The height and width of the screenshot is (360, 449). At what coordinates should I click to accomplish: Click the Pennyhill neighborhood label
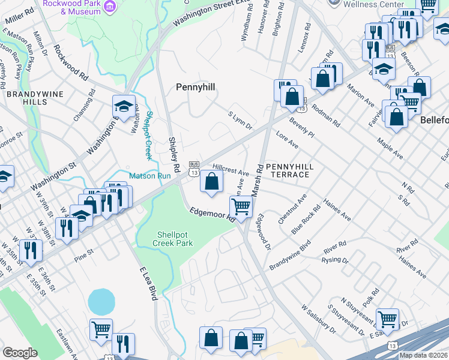coord(195,88)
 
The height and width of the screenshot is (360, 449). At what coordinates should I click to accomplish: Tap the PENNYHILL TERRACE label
coord(287,170)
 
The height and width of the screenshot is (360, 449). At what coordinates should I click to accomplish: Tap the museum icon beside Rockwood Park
coord(110,6)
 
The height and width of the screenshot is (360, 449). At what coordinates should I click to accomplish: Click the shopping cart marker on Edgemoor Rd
coord(241,206)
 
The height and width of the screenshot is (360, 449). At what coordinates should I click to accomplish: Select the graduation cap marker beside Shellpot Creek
coord(124,107)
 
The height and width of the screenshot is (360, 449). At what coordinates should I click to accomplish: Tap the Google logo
coord(20,353)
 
